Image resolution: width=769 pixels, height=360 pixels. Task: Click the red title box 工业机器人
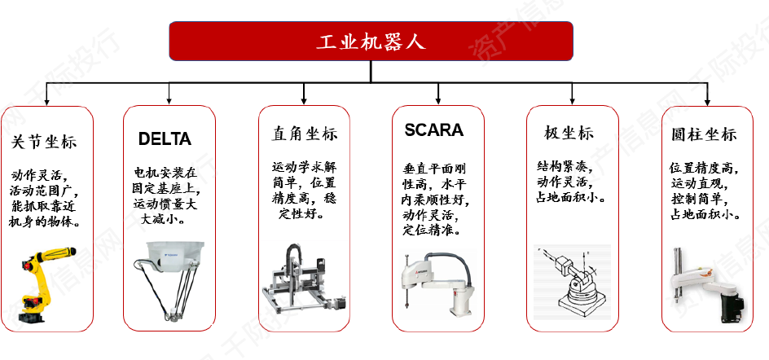pyautogui.click(x=371, y=41)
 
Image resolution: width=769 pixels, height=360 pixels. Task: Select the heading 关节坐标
pyautogui.click(x=45, y=142)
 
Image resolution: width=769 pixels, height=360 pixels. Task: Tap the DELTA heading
pyautogui.click(x=165, y=139)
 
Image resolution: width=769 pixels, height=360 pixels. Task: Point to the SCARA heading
pyautogui.click(x=433, y=130)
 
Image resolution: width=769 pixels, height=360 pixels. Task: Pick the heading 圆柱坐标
pyautogui.click(x=705, y=134)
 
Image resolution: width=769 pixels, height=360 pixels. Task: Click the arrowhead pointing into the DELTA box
pyautogui.click(x=169, y=100)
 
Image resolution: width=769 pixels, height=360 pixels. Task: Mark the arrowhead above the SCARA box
pyautogui.click(x=439, y=100)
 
